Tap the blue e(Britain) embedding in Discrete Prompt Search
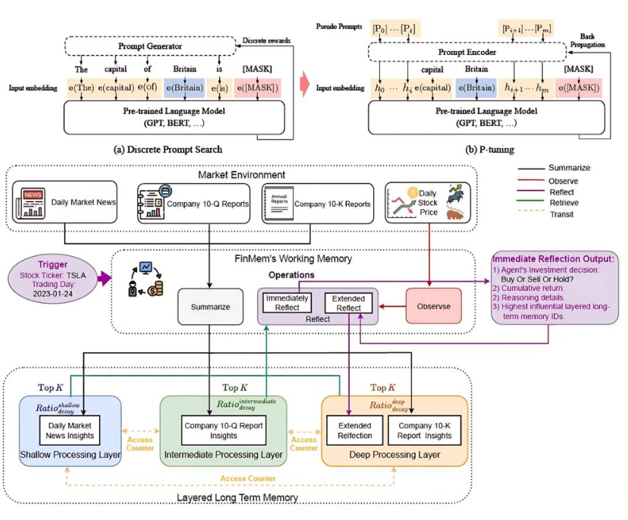click(185, 88)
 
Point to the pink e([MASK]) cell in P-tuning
click(579, 88)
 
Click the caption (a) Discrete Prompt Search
click(168, 149)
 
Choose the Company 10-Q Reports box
click(194, 204)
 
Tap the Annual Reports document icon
click(279, 204)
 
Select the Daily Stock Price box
click(428, 202)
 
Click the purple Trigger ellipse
click(53, 279)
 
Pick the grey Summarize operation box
click(210, 307)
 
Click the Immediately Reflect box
click(287, 303)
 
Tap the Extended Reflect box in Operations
click(348, 303)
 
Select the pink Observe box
click(434, 306)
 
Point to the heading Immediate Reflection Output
click(553, 259)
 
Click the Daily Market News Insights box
click(69, 431)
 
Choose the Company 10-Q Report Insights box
click(223, 431)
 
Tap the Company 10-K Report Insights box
click(425, 431)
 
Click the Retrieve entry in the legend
click(564, 203)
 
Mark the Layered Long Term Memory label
click(238, 497)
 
